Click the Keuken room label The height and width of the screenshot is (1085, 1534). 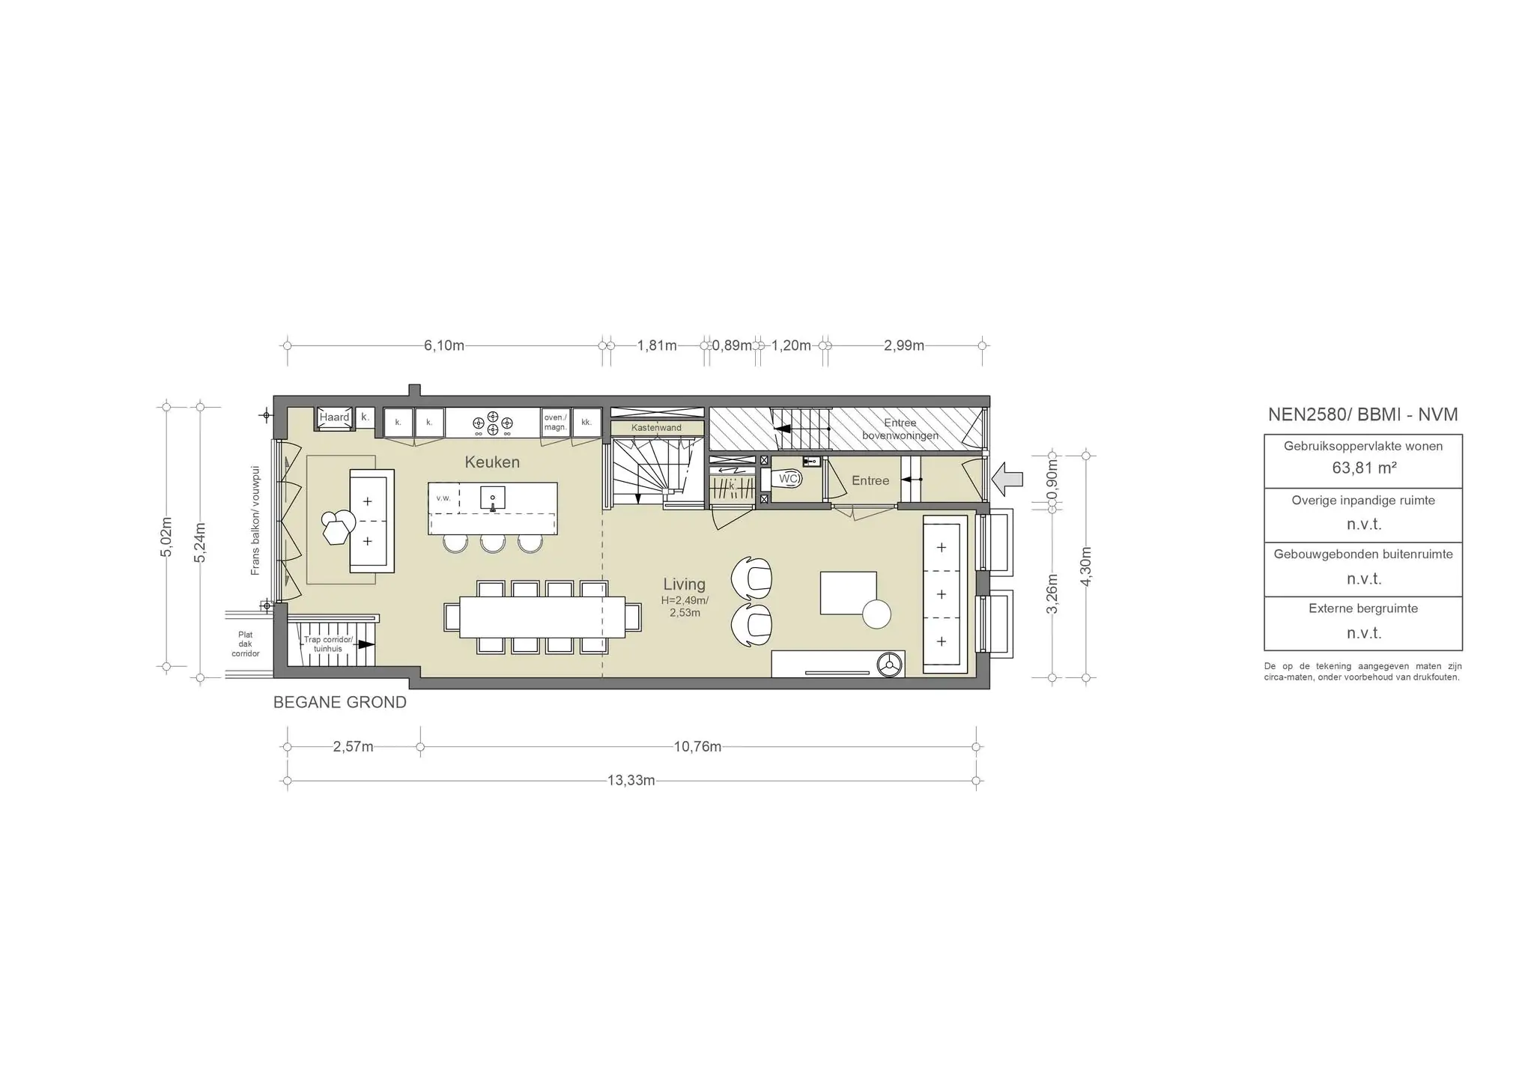(492, 462)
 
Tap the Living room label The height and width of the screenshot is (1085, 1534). (684, 584)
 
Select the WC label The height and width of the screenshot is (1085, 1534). (788, 478)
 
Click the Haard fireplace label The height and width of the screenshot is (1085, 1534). (334, 417)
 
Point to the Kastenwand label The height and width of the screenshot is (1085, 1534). (656, 428)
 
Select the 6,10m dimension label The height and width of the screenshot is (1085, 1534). (444, 345)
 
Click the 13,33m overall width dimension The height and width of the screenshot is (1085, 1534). (631, 781)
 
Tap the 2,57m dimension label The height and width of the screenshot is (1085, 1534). (353, 747)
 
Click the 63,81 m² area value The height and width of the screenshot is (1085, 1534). (1362, 468)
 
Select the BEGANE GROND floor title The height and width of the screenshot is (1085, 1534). (340, 703)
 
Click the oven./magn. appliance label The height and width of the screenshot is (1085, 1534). (555, 422)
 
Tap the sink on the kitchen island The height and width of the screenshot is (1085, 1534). (492, 498)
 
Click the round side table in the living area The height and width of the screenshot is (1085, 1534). (876, 614)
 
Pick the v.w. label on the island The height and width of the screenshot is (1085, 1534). (443, 498)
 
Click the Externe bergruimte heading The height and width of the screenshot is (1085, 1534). (1363, 608)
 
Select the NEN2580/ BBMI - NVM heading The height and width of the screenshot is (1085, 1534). (1362, 414)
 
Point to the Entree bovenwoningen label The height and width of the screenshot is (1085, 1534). (900, 429)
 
